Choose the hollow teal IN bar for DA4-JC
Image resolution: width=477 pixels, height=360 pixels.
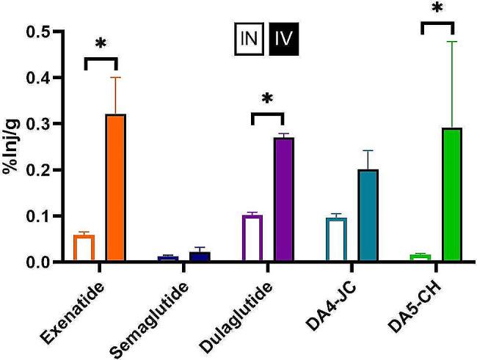pyautogui.click(x=335, y=240)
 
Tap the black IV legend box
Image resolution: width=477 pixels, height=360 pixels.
pyautogui.click(x=283, y=34)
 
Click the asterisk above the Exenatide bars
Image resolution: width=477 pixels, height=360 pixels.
pyautogui.click(x=101, y=44)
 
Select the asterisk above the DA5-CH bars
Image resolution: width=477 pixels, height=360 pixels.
pyautogui.click(x=437, y=10)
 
